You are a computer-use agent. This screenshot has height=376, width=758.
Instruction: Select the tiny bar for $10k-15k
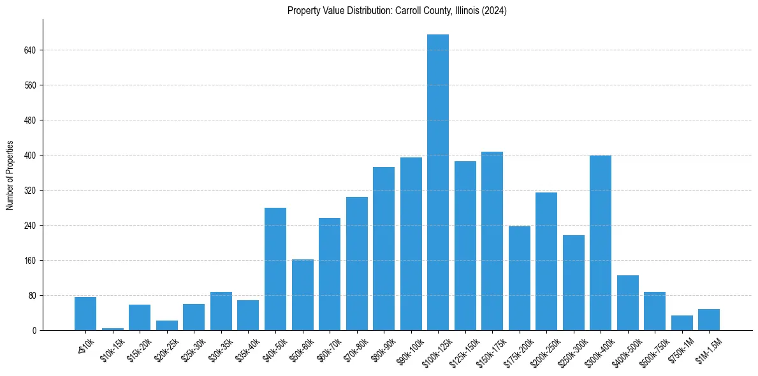[x=113, y=329]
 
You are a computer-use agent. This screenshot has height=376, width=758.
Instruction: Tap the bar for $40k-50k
[x=275, y=269]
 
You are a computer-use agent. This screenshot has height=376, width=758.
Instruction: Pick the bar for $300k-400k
[x=601, y=243]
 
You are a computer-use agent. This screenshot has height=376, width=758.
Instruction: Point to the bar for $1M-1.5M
[x=709, y=320]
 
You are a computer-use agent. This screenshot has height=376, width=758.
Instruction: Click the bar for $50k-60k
[x=303, y=295]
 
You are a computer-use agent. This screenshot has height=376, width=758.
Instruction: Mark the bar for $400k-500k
[x=628, y=303]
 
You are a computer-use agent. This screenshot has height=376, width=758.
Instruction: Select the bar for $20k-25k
[x=167, y=326]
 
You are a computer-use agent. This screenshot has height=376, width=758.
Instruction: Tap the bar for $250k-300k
[x=574, y=283]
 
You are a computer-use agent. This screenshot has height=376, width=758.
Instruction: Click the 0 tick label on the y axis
[x=34, y=331]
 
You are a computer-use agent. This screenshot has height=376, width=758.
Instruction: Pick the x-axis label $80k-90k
[x=383, y=349]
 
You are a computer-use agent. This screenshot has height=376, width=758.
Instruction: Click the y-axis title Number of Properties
[x=10, y=175]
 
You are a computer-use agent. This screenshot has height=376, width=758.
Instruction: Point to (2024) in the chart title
[x=495, y=10]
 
